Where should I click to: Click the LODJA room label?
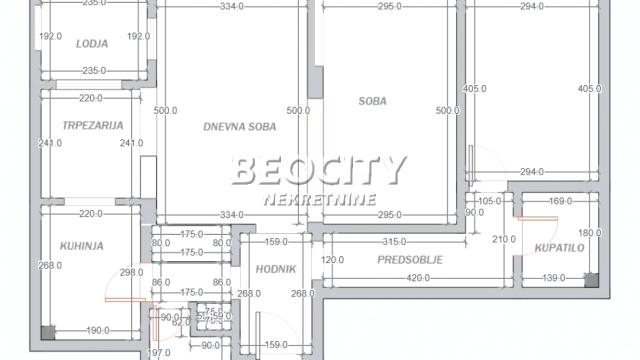(93, 44)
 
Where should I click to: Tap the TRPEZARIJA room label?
(92, 126)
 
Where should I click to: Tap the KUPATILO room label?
(558, 247)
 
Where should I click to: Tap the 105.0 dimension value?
(489, 202)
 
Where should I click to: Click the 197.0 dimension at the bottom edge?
(161, 353)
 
